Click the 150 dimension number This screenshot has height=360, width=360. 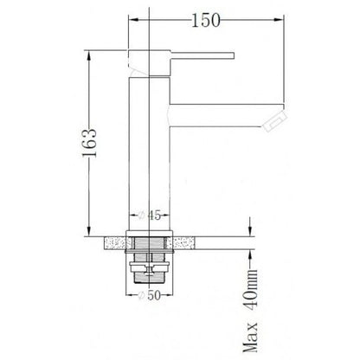[206, 20]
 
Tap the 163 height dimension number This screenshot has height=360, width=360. [89, 143]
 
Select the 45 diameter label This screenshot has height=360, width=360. [154, 215]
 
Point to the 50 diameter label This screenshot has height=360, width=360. [154, 295]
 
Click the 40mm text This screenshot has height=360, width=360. [250, 289]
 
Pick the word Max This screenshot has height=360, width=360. [250, 337]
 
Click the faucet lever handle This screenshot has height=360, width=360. [202, 55]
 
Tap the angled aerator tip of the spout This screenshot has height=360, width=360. [275, 121]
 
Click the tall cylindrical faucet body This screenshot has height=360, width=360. [149, 154]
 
